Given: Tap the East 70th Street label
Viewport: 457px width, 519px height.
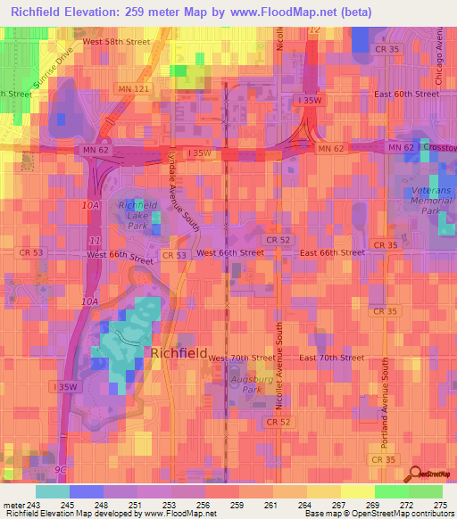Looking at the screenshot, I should (331, 358).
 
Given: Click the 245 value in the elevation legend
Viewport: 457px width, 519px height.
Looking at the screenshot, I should (61, 504).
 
